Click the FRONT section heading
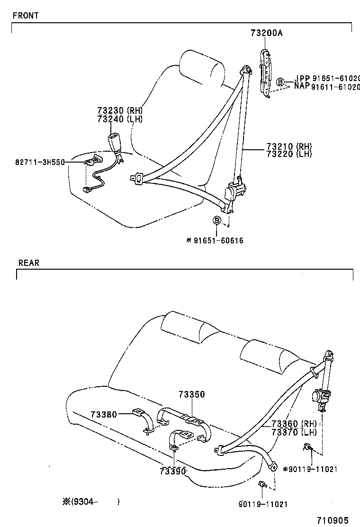pos(26,15)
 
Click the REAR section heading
pos(29,263)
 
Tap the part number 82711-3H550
pos(33,162)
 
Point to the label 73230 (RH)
pos(120,110)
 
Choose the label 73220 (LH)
pos(289,154)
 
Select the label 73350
pos(192,394)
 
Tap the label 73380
pos(103,414)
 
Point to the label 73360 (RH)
pos(291,424)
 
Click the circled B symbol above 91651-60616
pos(216,220)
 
